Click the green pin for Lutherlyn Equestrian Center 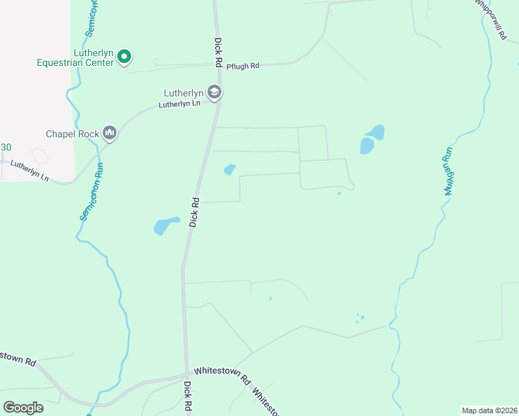coord(124,56)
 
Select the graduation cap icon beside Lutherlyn coord(214,92)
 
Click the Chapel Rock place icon coord(109,132)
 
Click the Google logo coord(23,407)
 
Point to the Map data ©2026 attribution coord(489,410)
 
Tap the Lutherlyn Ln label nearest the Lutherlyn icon coord(179,104)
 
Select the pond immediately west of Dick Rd coord(165,225)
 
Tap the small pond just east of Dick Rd coord(229,169)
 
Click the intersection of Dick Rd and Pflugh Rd coord(219,67)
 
